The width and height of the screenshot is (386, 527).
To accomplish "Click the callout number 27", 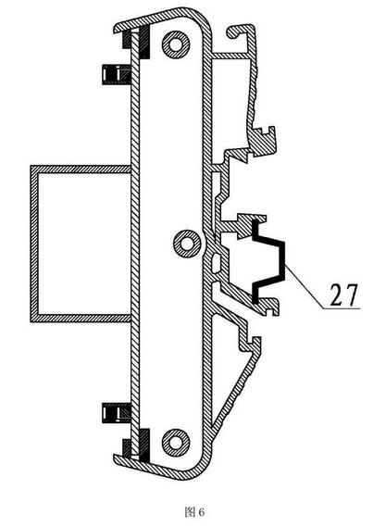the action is pyautogui.click(x=343, y=295).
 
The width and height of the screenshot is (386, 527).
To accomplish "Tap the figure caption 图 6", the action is pyautogui.click(x=194, y=512).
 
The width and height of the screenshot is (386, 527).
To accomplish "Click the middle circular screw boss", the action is pyautogui.click(x=187, y=244).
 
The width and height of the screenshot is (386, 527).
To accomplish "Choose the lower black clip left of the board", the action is pyautogui.click(x=116, y=412).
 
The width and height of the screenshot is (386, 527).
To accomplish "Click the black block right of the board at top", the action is pyautogui.click(x=144, y=42).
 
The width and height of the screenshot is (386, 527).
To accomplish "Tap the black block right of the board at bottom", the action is pyautogui.click(x=144, y=445).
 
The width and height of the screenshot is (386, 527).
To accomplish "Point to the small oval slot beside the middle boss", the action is pyautogui.click(x=216, y=262).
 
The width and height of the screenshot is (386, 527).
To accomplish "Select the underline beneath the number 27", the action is pyautogui.click(x=341, y=308).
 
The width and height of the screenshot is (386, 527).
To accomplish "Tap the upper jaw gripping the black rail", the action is pyautogui.click(x=250, y=223).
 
